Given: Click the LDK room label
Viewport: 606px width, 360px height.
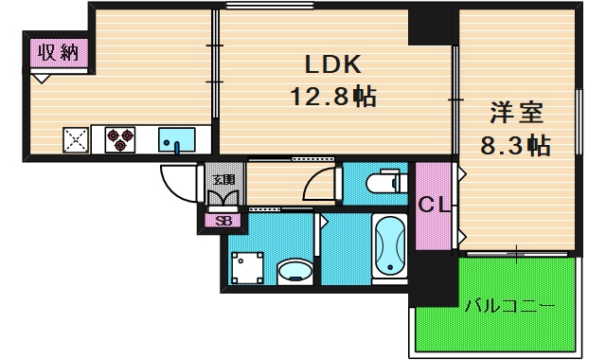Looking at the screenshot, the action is tap(332, 64).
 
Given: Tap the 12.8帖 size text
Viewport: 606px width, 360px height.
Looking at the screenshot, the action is tap(333, 97).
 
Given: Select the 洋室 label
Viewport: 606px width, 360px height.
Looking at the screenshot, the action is tap(517, 113).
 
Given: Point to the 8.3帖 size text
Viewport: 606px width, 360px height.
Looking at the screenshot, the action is tap(515, 145).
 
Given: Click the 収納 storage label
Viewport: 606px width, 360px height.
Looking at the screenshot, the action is tap(59, 53).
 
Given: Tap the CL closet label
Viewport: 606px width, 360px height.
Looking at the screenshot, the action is tap(434, 205).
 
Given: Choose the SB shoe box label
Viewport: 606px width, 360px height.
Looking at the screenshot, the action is tap(223, 221).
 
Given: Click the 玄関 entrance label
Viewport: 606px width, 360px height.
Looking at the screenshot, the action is tap(223, 179).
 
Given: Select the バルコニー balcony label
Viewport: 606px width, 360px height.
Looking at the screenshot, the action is tap(509, 307).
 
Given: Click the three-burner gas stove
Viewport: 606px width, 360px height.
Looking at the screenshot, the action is tap(120, 139).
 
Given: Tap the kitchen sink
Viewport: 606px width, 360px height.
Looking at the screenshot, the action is tap(177, 140).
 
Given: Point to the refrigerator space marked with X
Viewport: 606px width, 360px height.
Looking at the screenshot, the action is tap(76, 140).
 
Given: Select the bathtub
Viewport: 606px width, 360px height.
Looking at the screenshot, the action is tap(389, 246).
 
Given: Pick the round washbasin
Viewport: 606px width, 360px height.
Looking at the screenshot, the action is tap(294, 272).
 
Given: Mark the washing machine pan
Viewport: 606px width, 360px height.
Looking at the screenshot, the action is tap(247, 268).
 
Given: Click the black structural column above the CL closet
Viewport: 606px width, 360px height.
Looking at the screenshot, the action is tap(430, 27).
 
